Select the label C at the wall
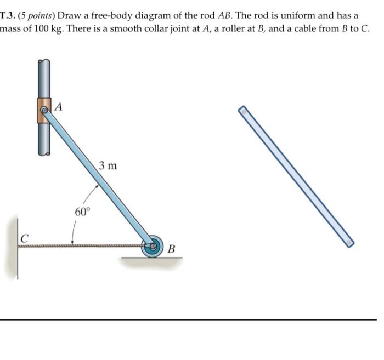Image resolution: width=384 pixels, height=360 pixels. pos(24,238)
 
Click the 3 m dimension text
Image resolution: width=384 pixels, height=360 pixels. pos(108,165)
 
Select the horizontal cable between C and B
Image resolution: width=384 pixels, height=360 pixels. pos(82,247)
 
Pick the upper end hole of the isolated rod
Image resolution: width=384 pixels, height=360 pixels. pos(241,111)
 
